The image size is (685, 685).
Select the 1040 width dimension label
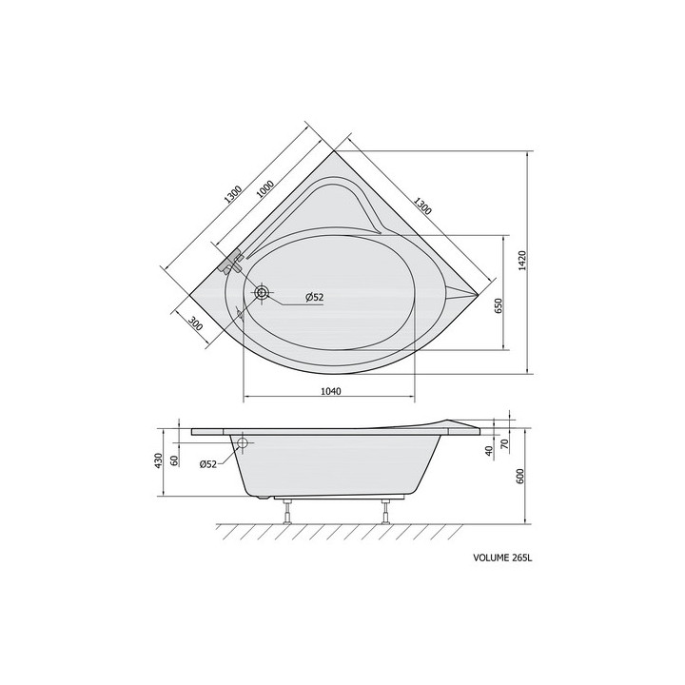(x=331, y=391)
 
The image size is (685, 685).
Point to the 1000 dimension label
(x=264, y=189)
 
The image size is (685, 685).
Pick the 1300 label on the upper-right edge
(x=422, y=205)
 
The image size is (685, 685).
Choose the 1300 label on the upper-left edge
(x=232, y=195)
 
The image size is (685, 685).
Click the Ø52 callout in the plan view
(x=315, y=297)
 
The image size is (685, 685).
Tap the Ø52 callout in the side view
(x=208, y=464)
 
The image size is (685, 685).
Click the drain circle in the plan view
(x=263, y=293)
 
